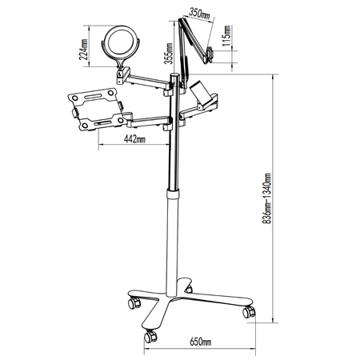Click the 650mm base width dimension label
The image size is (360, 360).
click(201, 342)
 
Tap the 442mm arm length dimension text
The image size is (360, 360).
click(134, 138)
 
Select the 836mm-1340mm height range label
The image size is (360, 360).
click(267, 198)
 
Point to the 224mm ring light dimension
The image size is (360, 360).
click(84, 50)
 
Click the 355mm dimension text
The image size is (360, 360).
click(169, 54)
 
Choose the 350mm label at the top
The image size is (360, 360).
click(199, 14)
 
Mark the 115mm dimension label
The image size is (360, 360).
click(227, 36)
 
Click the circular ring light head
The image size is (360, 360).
click(121, 42)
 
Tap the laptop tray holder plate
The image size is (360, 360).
click(96, 110)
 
